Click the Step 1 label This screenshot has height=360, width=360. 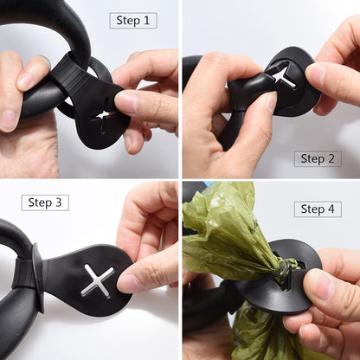click(x=132, y=21)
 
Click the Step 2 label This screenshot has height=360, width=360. click(x=317, y=158)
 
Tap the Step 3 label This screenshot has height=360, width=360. click(x=45, y=202)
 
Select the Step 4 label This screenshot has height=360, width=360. click(x=317, y=209)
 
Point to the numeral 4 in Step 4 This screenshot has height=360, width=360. click(x=331, y=209)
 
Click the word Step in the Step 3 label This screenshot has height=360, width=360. click(x=40, y=202)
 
